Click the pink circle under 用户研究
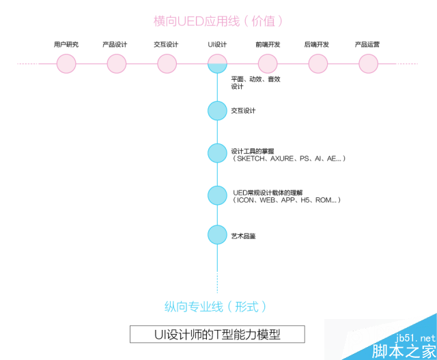pyautogui.click(x=66, y=64)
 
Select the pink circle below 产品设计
pyautogui.click(x=117, y=64)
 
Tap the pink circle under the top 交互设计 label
pyautogui.click(x=167, y=64)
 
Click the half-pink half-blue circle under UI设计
pyautogui.click(x=217, y=64)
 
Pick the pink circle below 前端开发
pyautogui.click(x=268, y=64)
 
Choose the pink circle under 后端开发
pyautogui.click(x=318, y=64)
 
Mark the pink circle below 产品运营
pyautogui.click(x=369, y=64)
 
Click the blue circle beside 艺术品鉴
pyautogui.click(x=217, y=235)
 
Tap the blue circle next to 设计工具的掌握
pyautogui.click(x=217, y=153)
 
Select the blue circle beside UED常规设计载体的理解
pyautogui.click(x=217, y=195)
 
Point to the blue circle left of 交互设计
pyautogui.click(x=217, y=111)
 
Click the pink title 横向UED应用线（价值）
pyautogui.click(x=218, y=21)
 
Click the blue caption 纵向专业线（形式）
pyautogui.click(x=215, y=307)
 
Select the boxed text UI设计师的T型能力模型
pyautogui.click(x=217, y=334)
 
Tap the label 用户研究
pyautogui.click(x=66, y=44)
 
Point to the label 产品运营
pyautogui.click(x=367, y=44)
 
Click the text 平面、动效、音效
pyautogui.click(x=255, y=79)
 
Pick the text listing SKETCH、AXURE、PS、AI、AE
pyautogui.click(x=288, y=158)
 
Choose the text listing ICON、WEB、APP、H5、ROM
pyautogui.click(x=286, y=200)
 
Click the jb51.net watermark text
pyautogui.click(x=415, y=338)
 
